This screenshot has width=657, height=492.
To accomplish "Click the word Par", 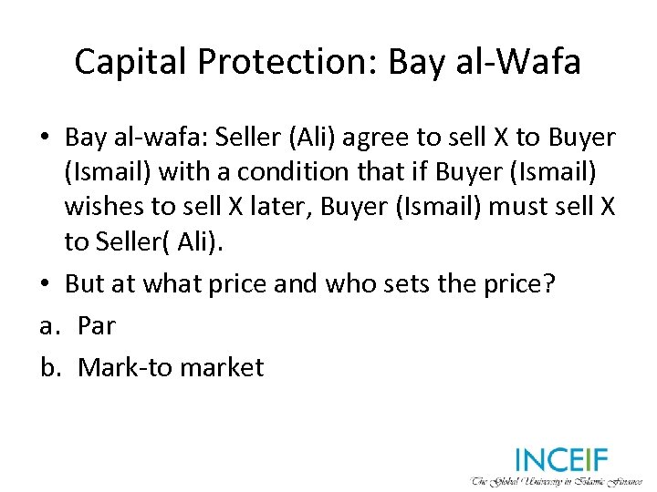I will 97,325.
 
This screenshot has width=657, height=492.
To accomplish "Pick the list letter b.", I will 49,367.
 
